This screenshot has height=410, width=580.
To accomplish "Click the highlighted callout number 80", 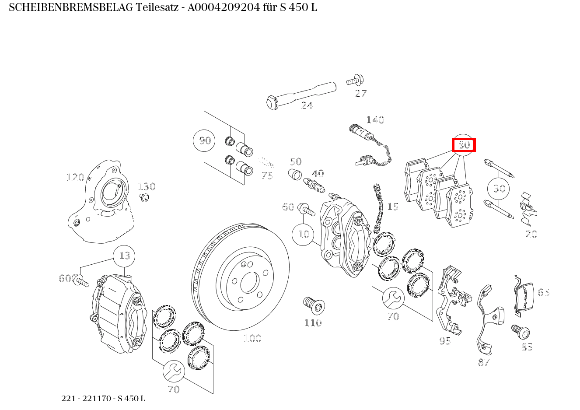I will pos(464,145).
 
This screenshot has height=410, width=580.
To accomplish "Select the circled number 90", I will pos(205,140).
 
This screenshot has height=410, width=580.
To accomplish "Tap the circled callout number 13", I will pos(124,256).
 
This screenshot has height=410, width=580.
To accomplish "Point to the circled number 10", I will pos(303,234).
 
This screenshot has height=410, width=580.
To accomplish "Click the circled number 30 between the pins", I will pos(499,189).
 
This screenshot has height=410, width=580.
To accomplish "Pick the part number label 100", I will pos(252,338).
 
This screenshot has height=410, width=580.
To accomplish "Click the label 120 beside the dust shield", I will pos(75,177).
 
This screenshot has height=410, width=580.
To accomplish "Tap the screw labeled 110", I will pos(313,305).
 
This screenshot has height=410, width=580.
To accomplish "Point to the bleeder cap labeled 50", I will pos(295,174).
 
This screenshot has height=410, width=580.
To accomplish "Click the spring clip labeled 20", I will pos(528,208).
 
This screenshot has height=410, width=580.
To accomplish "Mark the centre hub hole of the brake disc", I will pos(250,283).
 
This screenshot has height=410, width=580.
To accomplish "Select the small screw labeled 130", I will pos(144,198).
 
